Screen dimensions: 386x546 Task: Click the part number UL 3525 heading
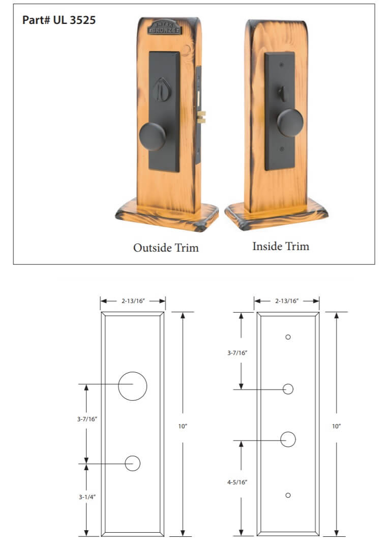(x=59, y=20)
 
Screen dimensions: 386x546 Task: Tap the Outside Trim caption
(x=166, y=248)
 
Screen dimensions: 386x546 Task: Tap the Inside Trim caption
(x=281, y=246)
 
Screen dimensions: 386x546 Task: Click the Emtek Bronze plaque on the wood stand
(x=164, y=27)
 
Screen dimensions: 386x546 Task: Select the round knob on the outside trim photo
(x=152, y=136)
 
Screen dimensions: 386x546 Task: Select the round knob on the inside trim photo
(x=290, y=123)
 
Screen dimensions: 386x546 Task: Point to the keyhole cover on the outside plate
(x=162, y=89)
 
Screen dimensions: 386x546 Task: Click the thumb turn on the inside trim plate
(x=283, y=94)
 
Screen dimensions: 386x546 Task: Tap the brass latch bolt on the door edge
(x=202, y=117)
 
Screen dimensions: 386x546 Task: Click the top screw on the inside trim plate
(x=282, y=65)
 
